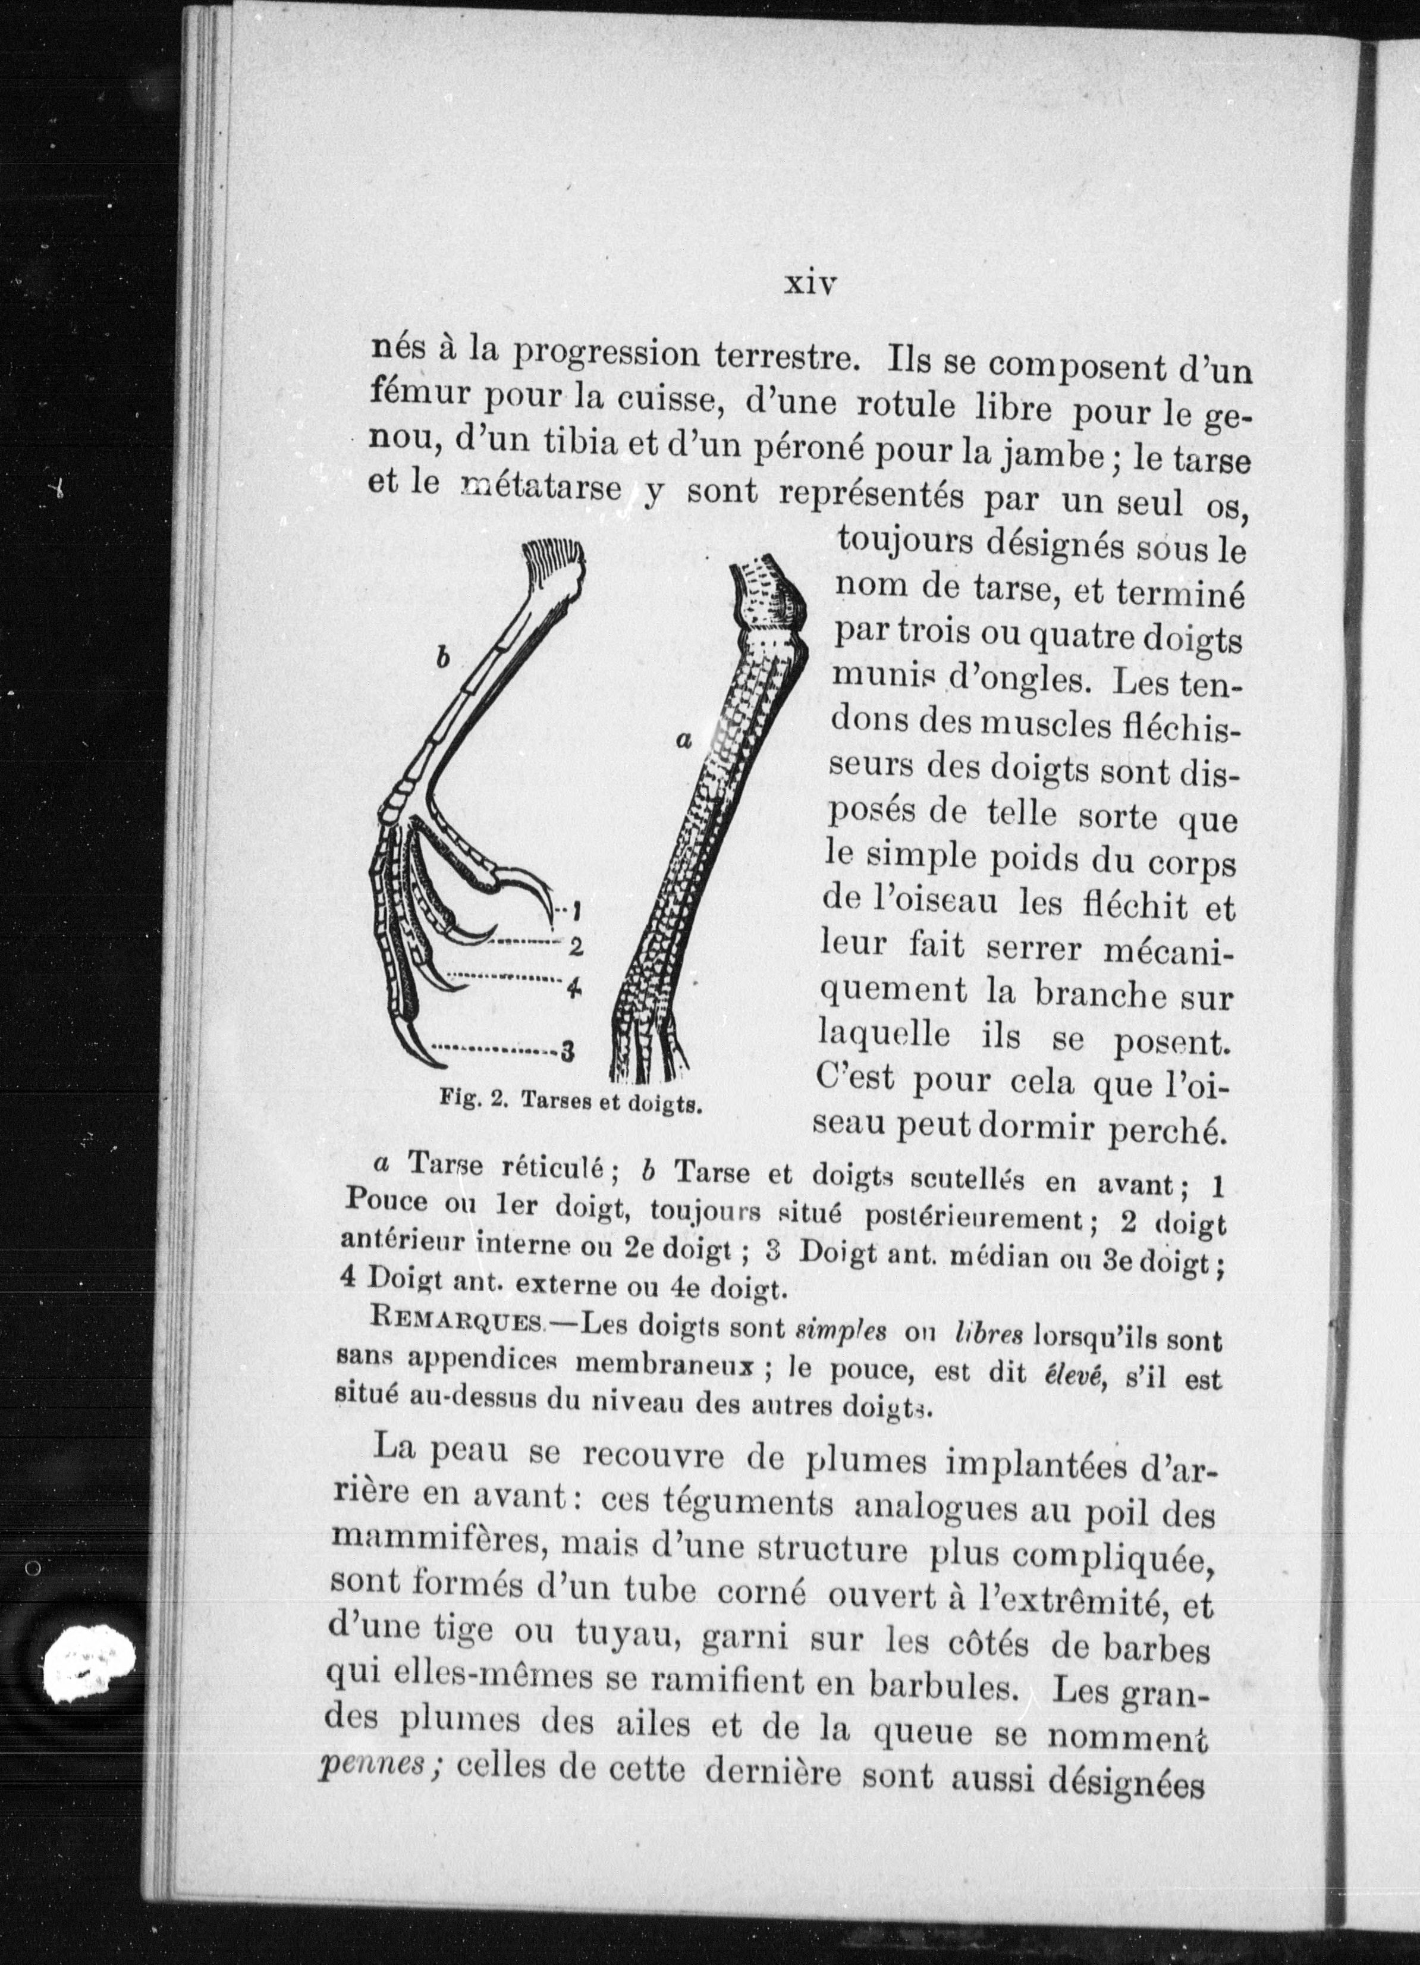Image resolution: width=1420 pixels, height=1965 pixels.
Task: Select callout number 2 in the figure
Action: tap(574, 946)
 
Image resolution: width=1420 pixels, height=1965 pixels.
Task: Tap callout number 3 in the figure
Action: tap(568, 1053)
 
